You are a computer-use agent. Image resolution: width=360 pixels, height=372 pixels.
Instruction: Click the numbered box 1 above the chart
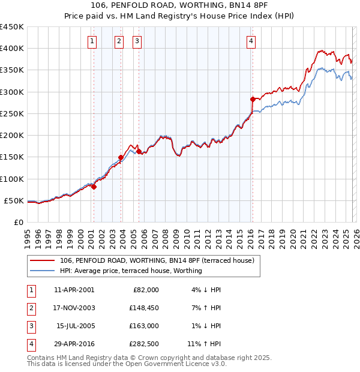pyautogui.click(x=92, y=41)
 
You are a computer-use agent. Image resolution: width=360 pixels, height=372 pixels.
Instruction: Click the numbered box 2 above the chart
pyautogui.click(x=119, y=41)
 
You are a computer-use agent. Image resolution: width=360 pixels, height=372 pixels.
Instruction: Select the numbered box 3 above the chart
pyautogui.click(x=137, y=41)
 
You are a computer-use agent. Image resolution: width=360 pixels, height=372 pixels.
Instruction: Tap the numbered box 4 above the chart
pyautogui.click(x=251, y=41)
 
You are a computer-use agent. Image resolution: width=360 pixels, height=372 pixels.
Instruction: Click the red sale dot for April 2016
pyautogui.click(x=253, y=99)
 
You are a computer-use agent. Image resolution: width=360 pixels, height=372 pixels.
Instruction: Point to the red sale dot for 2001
pyautogui.click(x=94, y=187)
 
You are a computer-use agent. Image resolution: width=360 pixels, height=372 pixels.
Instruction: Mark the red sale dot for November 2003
pyautogui.click(x=121, y=158)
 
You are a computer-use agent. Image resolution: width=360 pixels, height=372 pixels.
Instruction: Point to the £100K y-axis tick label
pyautogui.click(x=12, y=179)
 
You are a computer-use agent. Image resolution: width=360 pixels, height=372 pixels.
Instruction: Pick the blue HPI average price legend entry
pyautogui.click(x=131, y=271)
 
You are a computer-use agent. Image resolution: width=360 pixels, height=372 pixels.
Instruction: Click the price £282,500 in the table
pyautogui.click(x=145, y=344)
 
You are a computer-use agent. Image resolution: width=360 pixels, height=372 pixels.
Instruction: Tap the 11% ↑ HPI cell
pyautogui.click(x=204, y=344)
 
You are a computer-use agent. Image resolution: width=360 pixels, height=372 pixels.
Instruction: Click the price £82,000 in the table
pyautogui.click(x=146, y=290)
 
